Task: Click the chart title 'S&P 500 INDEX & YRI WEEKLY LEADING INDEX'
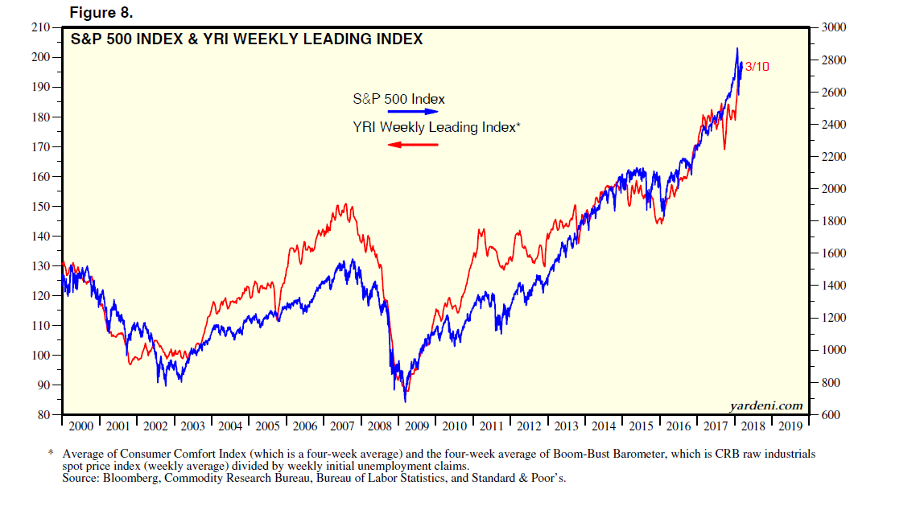pos(246,39)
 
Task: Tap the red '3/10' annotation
pos(757,67)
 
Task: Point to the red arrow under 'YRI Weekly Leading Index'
pos(413,144)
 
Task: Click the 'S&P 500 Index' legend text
pos(398,99)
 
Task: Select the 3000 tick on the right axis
pos(835,27)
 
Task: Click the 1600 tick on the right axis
pos(835,253)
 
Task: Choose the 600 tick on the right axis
pos(831,415)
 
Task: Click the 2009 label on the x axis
pos(417,426)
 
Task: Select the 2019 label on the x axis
pos(791,426)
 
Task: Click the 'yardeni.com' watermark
pos(766,405)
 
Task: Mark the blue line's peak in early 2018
pos(737,48)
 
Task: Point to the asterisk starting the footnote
pos(51,454)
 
